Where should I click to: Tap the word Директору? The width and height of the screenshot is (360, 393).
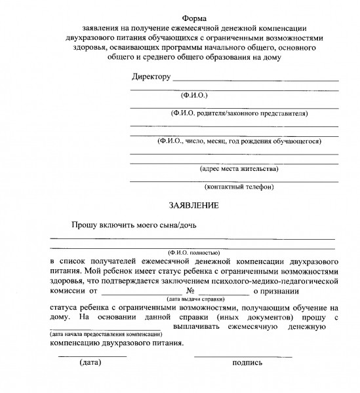(x=151, y=77)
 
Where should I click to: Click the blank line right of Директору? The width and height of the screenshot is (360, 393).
(x=255, y=80)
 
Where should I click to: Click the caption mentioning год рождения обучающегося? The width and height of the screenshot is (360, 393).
(x=239, y=140)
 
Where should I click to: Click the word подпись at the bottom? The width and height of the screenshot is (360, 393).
(x=247, y=362)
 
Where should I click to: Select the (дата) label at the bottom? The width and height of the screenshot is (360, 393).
(x=90, y=362)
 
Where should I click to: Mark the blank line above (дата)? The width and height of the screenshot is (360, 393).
(x=92, y=355)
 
